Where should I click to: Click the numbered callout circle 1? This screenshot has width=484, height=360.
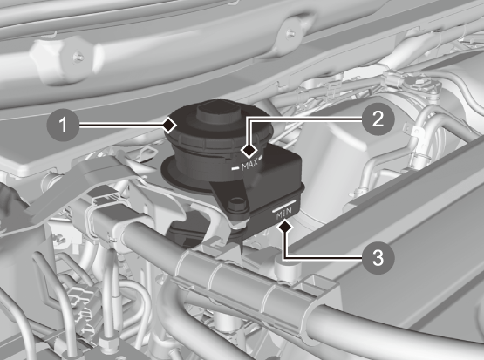pos(63,126)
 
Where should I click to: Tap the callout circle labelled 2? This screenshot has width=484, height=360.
pos(378,119)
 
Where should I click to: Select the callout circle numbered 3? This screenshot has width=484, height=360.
pos(378,257)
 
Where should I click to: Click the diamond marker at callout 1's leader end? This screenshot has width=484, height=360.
pos(169,126)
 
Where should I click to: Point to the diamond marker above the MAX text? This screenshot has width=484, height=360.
pos(249,151)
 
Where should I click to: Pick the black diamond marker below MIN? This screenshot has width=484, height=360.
pos(285,227)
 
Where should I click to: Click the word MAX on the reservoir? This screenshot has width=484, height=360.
pos(249,166)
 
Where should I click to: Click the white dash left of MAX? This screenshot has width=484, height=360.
pos(235,168)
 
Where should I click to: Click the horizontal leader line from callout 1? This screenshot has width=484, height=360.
pos(120,126)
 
